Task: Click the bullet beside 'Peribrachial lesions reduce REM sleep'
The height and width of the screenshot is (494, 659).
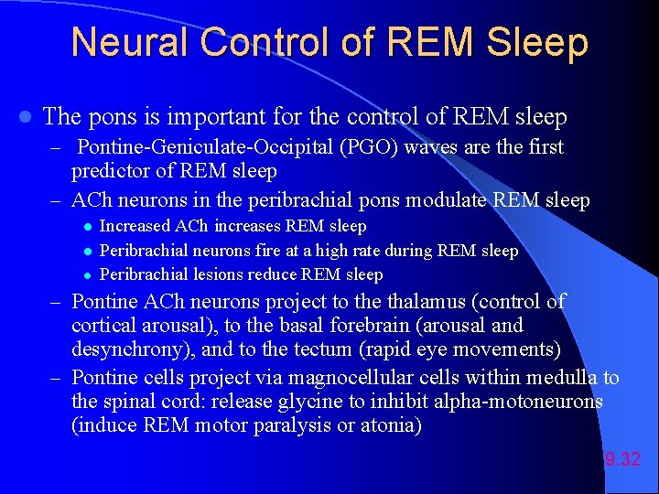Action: tap(86, 275)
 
